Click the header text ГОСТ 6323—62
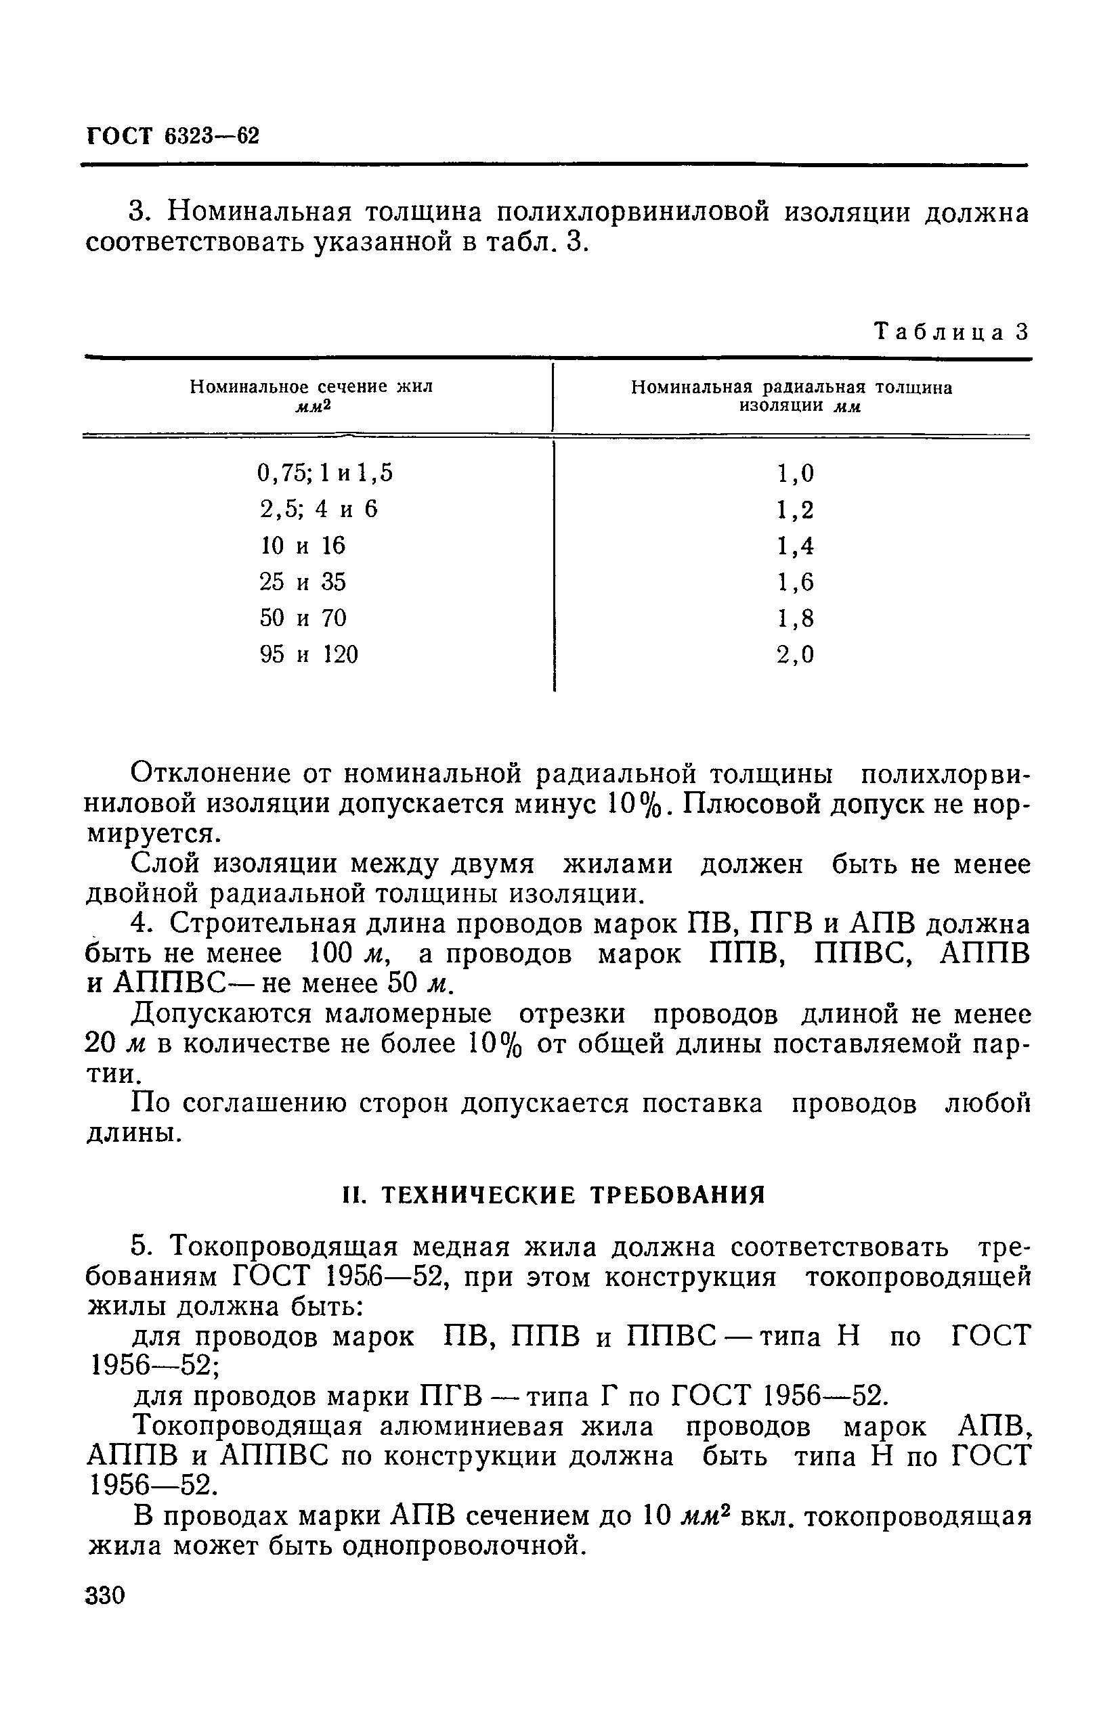point(173,136)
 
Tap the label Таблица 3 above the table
point(951,332)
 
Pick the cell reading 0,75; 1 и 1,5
point(325,473)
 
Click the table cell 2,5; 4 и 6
point(318,510)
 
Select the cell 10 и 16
point(303,546)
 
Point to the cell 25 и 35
point(303,581)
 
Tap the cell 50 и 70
point(303,618)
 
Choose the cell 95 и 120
point(309,654)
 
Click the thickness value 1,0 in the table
point(795,473)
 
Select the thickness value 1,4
point(795,546)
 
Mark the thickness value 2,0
point(795,654)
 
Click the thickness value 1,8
point(795,618)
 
